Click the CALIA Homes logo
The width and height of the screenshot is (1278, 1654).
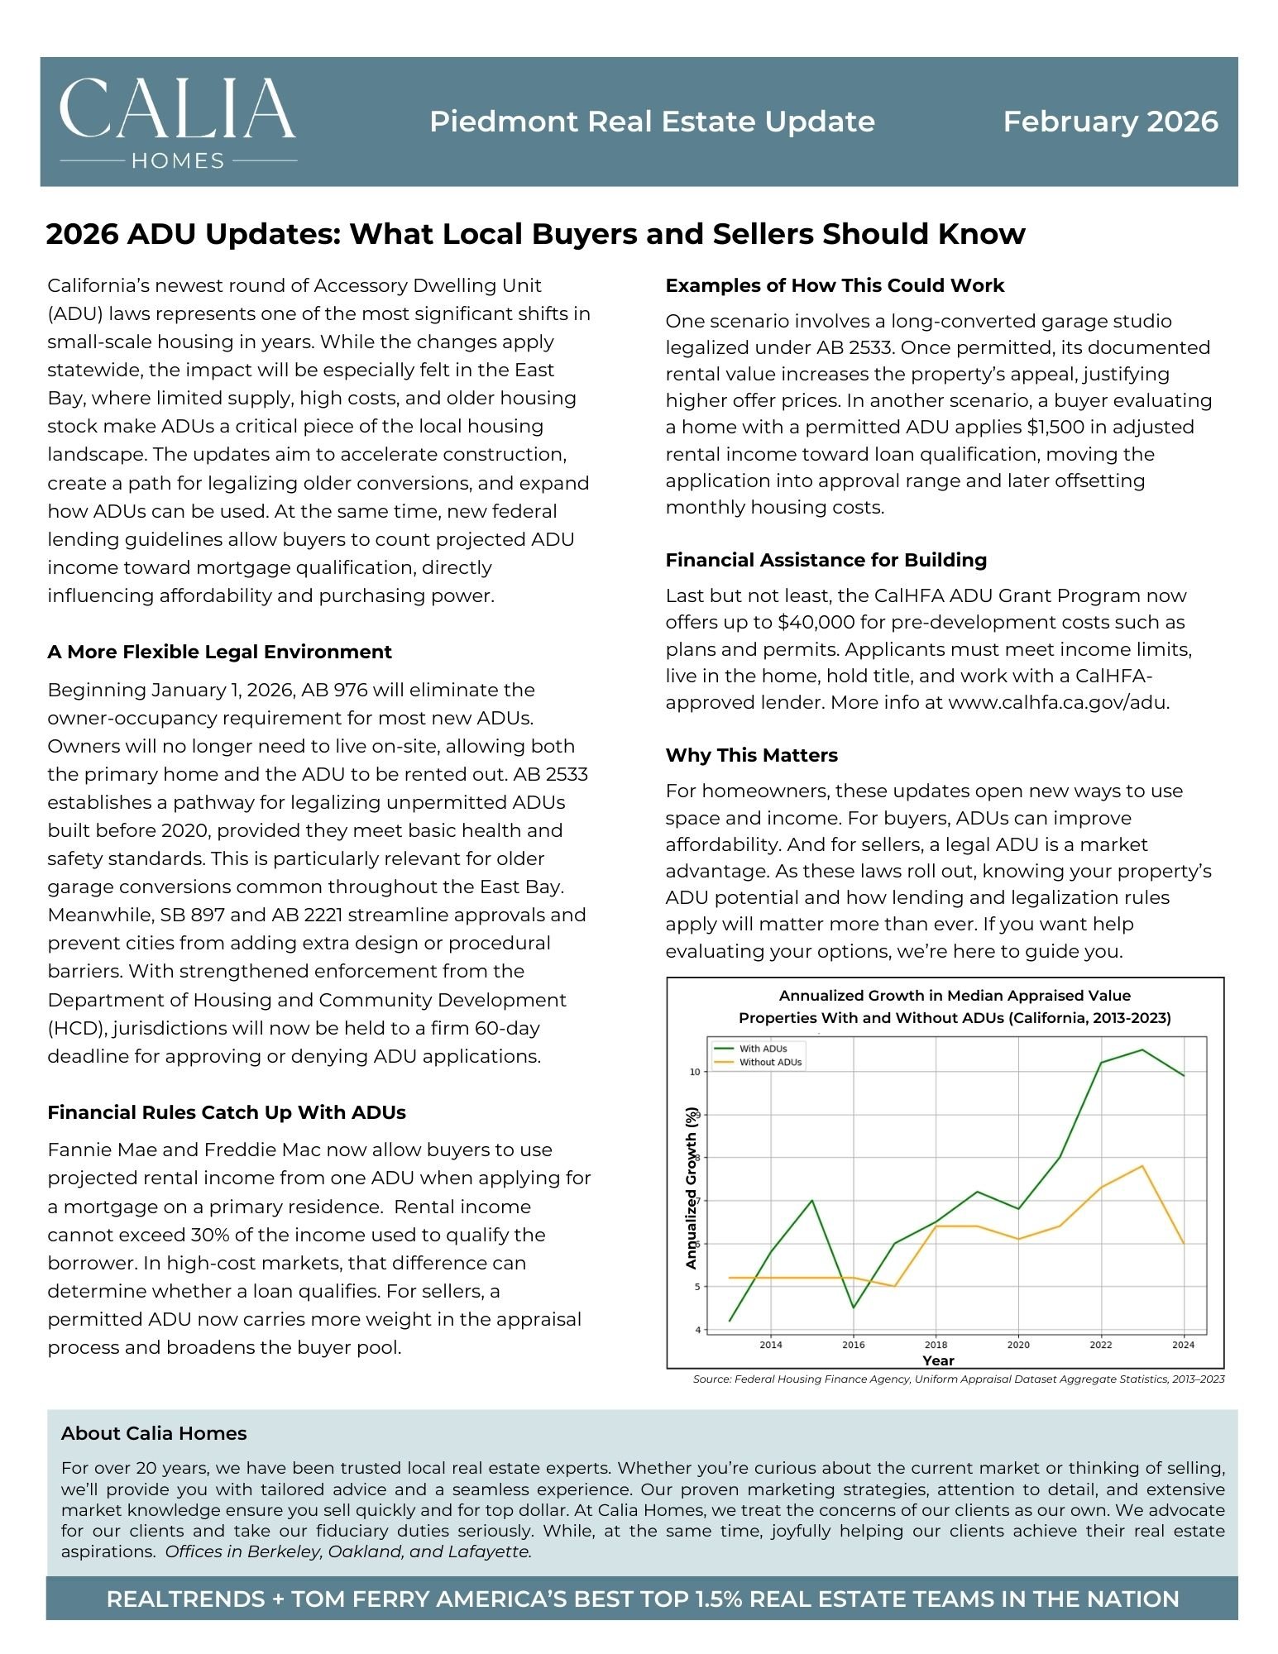point(178,122)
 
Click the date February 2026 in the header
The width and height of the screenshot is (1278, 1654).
point(1110,122)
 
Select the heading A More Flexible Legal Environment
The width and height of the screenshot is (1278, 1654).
point(219,652)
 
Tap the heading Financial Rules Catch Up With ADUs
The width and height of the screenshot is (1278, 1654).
point(227,1112)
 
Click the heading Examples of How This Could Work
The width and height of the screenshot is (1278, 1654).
point(835,285)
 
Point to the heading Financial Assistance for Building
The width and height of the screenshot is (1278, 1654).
point(826,560)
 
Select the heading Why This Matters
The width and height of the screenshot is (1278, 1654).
point(751,755)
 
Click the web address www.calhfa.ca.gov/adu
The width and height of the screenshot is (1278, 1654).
point(1058,702)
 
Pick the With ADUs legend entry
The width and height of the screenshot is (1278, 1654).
point(763,1049)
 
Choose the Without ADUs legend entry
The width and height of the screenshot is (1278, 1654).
point(770,1063)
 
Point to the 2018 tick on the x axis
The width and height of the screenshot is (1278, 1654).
point(936,1345)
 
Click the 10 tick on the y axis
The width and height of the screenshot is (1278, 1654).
point(695,1072)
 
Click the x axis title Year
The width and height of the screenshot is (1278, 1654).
point(938,1360)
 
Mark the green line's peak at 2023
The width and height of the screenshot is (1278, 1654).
point(1142,1050)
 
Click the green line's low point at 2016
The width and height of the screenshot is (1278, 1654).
point(853,1307)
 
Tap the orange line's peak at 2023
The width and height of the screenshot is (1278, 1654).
point(1142,1166)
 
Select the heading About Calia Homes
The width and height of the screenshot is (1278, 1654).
point(154,1433)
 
